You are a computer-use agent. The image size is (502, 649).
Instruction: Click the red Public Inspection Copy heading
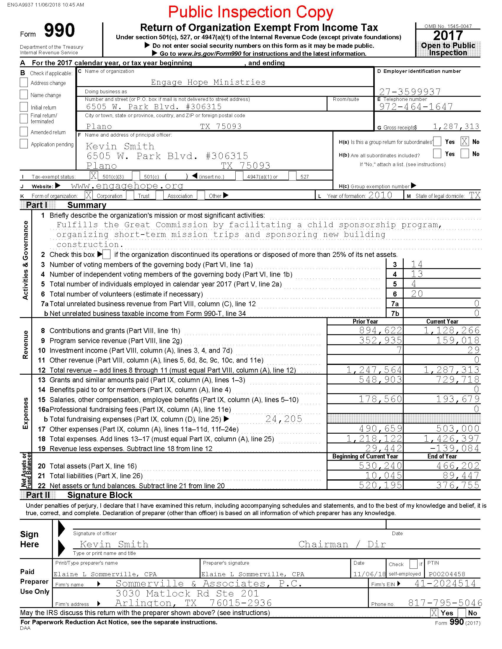[x=250, y=12]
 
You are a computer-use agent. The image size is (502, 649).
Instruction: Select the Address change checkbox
[x=24, y=82]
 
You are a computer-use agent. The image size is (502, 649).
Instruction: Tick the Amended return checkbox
[x=24, y=131]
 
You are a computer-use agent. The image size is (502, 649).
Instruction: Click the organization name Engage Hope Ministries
[x=208, y=82]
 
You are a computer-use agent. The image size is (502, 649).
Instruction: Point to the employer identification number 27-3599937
[x=410, y=91]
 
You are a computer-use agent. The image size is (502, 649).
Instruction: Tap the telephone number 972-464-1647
[x=416, y=106]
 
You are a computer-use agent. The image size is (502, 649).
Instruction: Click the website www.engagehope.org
[x=127, y=186]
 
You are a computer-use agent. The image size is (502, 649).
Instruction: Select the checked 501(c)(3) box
[x=93, y=176]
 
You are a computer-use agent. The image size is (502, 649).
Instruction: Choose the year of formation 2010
[x=380, y=195]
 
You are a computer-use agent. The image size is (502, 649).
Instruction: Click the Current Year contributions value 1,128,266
[x=452, y=330]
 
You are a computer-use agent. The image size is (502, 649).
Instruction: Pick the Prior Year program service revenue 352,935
[x=380, y=340]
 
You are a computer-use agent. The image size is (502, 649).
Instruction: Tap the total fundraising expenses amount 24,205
[x=284, y=419]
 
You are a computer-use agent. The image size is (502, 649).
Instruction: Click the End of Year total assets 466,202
[x=458, y=466]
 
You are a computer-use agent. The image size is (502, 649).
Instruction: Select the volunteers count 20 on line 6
[x=417, y=294]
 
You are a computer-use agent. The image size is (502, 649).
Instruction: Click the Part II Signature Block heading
[x=100, y=495]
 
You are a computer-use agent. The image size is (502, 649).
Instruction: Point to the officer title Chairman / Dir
[x=342, y=544]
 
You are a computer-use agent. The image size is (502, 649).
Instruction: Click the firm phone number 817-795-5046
[x=445, y=603]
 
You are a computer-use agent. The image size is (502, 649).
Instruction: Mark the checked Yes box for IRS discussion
[x=434, y=613]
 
